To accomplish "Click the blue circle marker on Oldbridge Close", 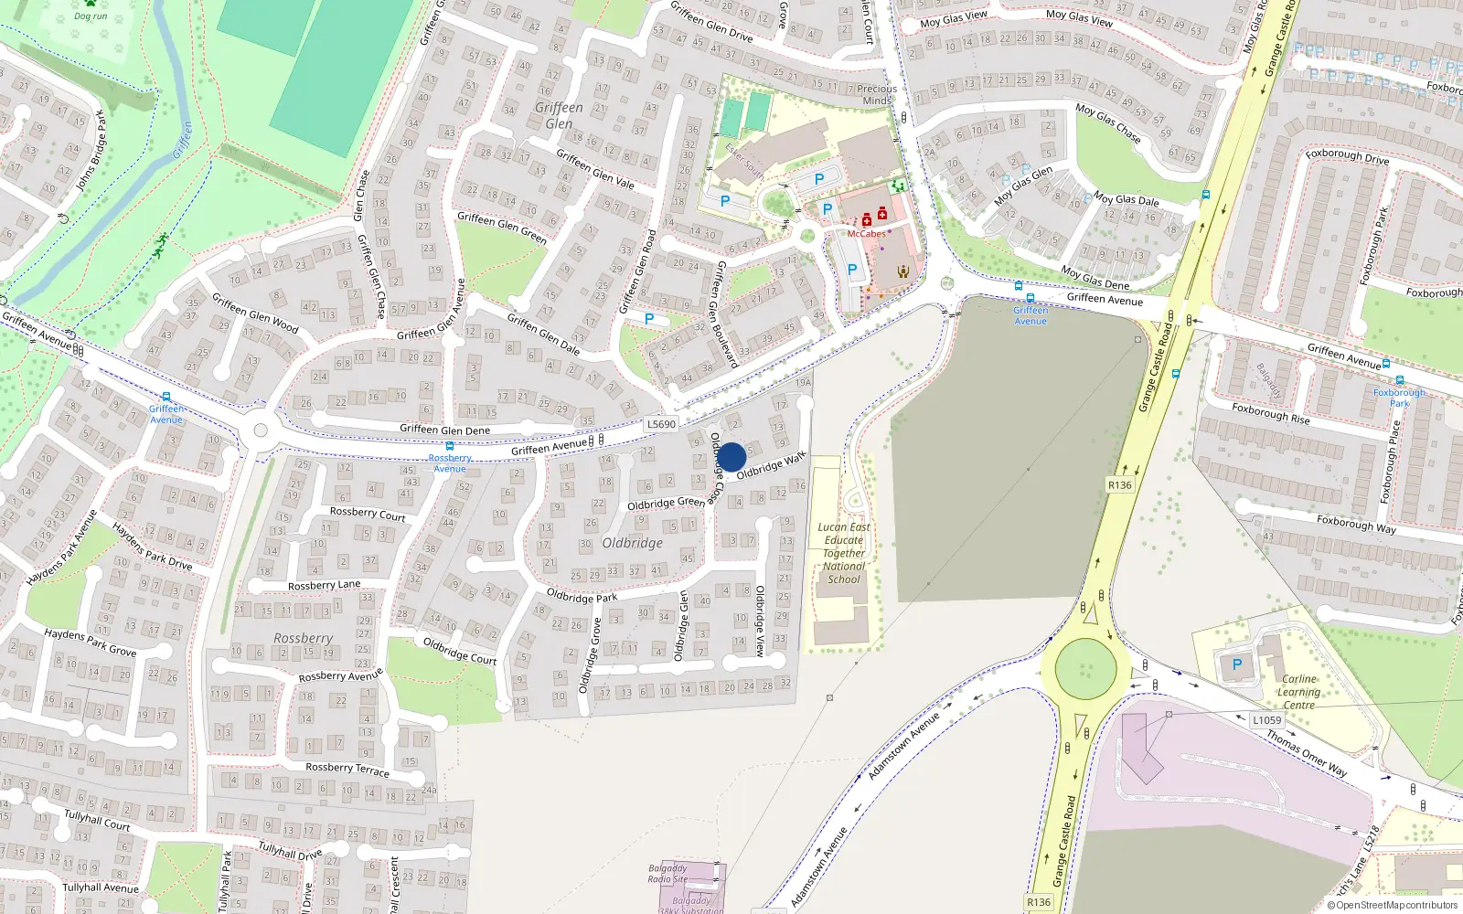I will [x=731, y=457].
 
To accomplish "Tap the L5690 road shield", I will [x=661, y=424].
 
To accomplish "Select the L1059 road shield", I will [x=1266, y=720].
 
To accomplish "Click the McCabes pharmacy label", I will [x=866, y=234].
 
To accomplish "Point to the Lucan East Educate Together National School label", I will [x=843, y=553].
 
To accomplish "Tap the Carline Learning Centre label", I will [x=1298, y=692].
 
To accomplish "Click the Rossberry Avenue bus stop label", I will [x=449, y=463].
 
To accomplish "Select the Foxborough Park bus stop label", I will [x=1399, y=398].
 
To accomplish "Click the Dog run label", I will [x=91, y=16].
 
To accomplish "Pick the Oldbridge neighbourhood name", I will [x=632, y=543].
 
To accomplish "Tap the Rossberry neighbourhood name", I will [x=303, y=638].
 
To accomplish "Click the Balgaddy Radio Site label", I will [x=667, y=874].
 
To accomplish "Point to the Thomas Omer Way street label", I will [x=1307, y=754].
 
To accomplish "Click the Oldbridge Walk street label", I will [x=771, y=464].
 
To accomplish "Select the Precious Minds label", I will [x=877, y=95].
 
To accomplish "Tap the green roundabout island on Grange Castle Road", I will [x=1085, y=669].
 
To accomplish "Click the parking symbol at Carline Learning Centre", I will [x=1236, y=664].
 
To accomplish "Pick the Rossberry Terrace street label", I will [x=347, y=770].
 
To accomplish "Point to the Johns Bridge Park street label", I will [x=91, y=151].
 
